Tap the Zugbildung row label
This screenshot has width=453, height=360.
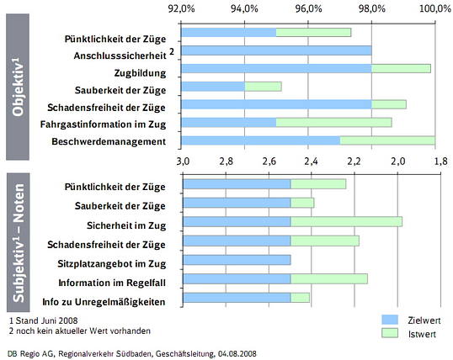(x=141, y=73)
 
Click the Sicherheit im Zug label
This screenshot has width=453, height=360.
(x=126, y=225)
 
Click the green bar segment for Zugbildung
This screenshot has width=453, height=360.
(x=401, y=69)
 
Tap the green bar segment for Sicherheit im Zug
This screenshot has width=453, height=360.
(x=346, y=222)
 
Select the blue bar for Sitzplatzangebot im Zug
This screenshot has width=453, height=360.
(x=236, y=260)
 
